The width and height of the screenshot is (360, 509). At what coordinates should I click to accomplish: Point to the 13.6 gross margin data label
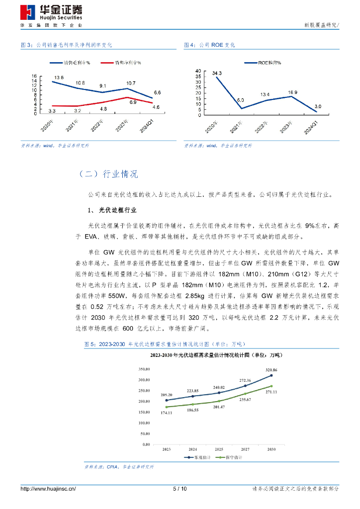point(59,77)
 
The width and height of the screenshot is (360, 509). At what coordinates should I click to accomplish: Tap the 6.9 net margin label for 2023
point(133,102)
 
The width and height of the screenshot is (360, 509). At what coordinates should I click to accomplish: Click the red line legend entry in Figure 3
point(121,63)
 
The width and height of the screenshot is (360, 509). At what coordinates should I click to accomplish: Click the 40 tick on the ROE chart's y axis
point(198,71)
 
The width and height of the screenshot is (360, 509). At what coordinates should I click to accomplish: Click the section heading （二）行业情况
point(108,174)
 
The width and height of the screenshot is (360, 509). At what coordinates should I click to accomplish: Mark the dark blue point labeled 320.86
point(271,375)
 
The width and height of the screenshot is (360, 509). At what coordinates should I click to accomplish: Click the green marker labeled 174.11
point(167,407)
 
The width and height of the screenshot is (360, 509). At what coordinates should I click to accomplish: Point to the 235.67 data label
point(245,400)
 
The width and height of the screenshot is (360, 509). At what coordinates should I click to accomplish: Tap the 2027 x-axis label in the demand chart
point(245,448)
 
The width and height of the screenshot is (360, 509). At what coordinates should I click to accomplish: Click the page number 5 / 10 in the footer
point(180,489)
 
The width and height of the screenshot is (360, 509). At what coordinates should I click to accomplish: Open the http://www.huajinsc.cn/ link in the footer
point(48,489)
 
